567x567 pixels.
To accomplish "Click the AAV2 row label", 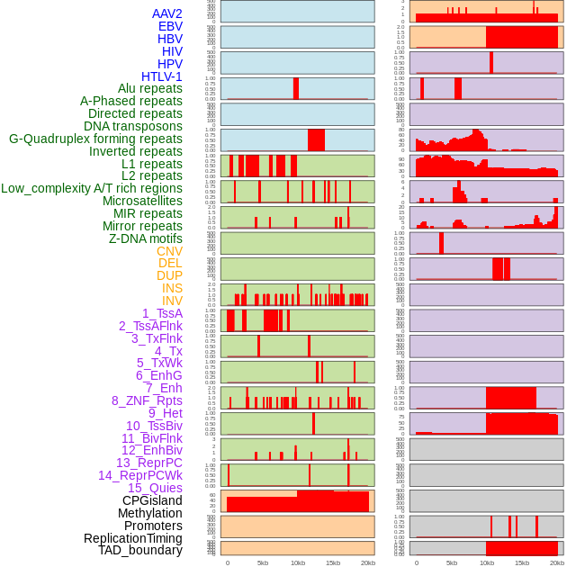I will (167, 13).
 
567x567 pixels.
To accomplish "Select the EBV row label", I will (170, 26).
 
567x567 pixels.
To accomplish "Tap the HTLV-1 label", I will (162, 76).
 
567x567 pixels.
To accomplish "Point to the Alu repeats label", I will (150, 88).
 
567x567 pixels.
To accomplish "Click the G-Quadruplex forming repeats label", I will (95, 139).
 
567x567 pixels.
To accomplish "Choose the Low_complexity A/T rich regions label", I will (92, 188).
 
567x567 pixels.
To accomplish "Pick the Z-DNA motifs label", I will (146, 238).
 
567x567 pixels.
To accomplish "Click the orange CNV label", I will (169, 251).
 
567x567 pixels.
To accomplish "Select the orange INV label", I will (172, 301).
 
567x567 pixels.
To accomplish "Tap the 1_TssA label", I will (162, 313).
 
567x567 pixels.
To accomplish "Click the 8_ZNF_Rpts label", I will (147, 400).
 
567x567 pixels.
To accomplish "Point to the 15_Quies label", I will (155, 488).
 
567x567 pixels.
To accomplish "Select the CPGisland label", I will (152, 500).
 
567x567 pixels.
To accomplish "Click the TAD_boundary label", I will (140, 550).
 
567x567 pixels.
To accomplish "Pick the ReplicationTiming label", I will (133, 538).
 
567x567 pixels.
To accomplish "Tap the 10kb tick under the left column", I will (297, 562).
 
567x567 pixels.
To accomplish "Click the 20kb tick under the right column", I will (557, 562).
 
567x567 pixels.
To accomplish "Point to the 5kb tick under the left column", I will (262, 562).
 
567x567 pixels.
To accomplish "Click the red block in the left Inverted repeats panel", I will (316, 140).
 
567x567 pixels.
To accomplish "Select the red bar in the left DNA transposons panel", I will (295, 88).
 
